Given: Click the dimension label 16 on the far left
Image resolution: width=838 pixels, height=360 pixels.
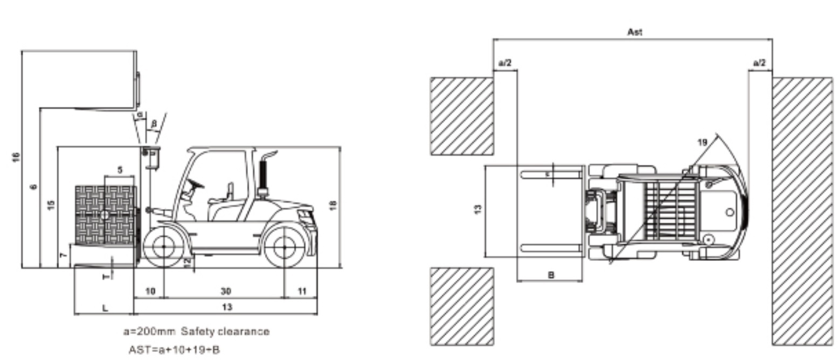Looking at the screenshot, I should point(16,157).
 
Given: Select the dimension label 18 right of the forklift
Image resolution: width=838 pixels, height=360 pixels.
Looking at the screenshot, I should point(333,205).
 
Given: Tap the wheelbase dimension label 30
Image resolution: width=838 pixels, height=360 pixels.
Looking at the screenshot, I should point(226,291).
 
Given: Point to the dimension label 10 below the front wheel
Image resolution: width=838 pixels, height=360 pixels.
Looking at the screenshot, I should point(150,291).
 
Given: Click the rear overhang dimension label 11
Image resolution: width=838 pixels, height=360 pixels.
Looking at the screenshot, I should point(302,291).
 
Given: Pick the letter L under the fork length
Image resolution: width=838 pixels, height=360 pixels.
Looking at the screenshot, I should point(105,308).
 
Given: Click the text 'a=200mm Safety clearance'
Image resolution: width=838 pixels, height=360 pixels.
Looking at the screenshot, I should point(196,331).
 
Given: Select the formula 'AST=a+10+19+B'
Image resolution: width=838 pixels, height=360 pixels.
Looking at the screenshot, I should point(174,350).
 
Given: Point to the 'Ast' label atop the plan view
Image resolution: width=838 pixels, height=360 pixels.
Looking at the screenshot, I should point(634,32).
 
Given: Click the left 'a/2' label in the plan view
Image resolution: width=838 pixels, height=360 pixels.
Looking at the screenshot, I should point(505,63).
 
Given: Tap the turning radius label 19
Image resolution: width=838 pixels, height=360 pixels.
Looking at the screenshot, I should point(702,143).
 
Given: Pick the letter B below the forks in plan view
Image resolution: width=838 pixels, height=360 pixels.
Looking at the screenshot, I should point(551,275).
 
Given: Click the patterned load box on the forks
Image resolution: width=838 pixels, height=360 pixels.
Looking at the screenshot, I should point(106,215).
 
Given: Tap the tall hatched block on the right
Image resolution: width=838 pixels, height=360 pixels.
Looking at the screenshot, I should point(802,211).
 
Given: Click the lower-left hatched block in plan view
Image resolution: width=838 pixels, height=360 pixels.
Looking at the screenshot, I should point(461,306).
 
